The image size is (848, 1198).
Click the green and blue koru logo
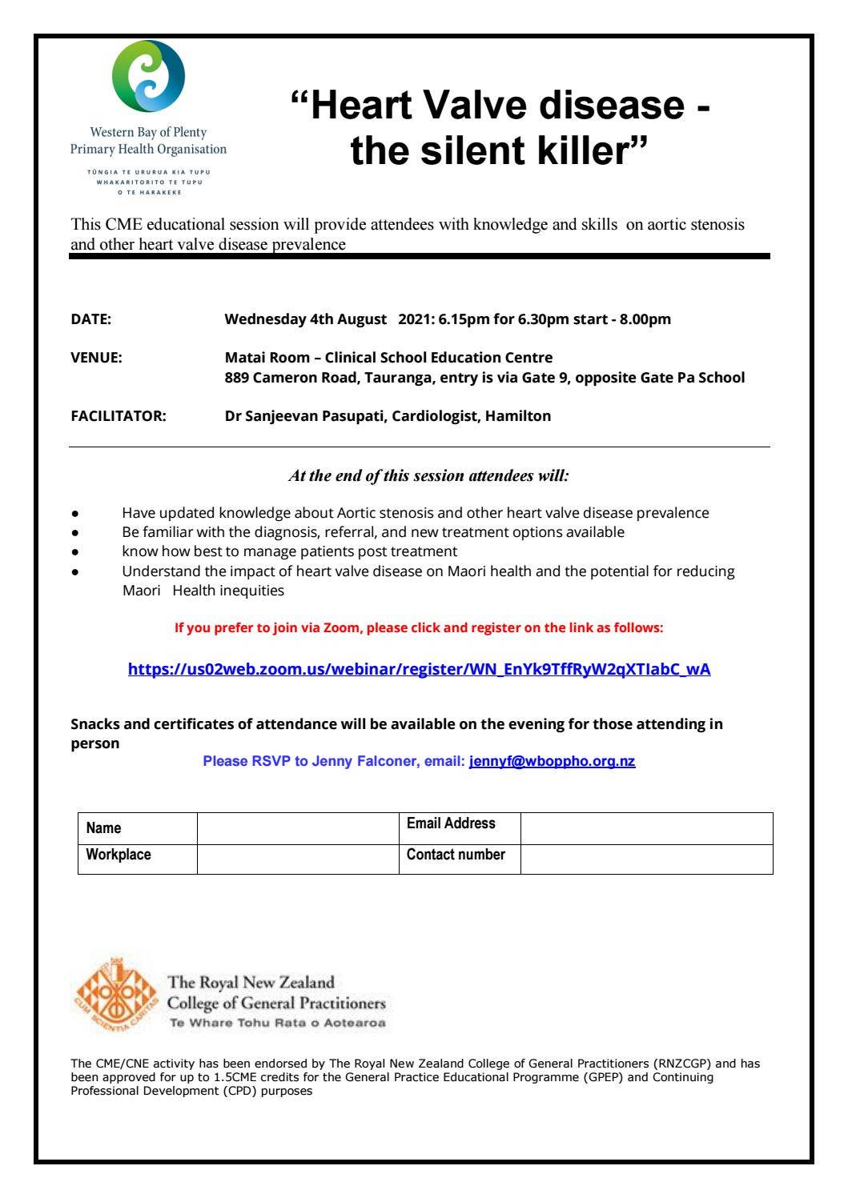(x=148, y=76)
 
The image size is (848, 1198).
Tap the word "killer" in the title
(x=584, y=150)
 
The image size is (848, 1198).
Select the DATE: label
(x=91, y=319)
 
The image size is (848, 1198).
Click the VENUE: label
(x=96, y=358)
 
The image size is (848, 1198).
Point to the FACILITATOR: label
(x=119, y=416)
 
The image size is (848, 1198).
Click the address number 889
(x=236, y=378)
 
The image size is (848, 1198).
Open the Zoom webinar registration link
(x=419, y=670)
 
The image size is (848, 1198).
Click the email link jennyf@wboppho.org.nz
(x=552, y=761)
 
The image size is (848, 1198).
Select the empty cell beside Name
(x=298, y=828)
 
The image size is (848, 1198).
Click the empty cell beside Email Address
(x=646, y=828)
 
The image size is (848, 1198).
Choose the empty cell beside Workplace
(x=298, y=859)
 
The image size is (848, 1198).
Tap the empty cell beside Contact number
(x=646, y=859)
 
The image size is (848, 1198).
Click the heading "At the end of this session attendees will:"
(x=428, y=476)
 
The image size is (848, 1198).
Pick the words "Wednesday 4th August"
(x=305, y=319)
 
